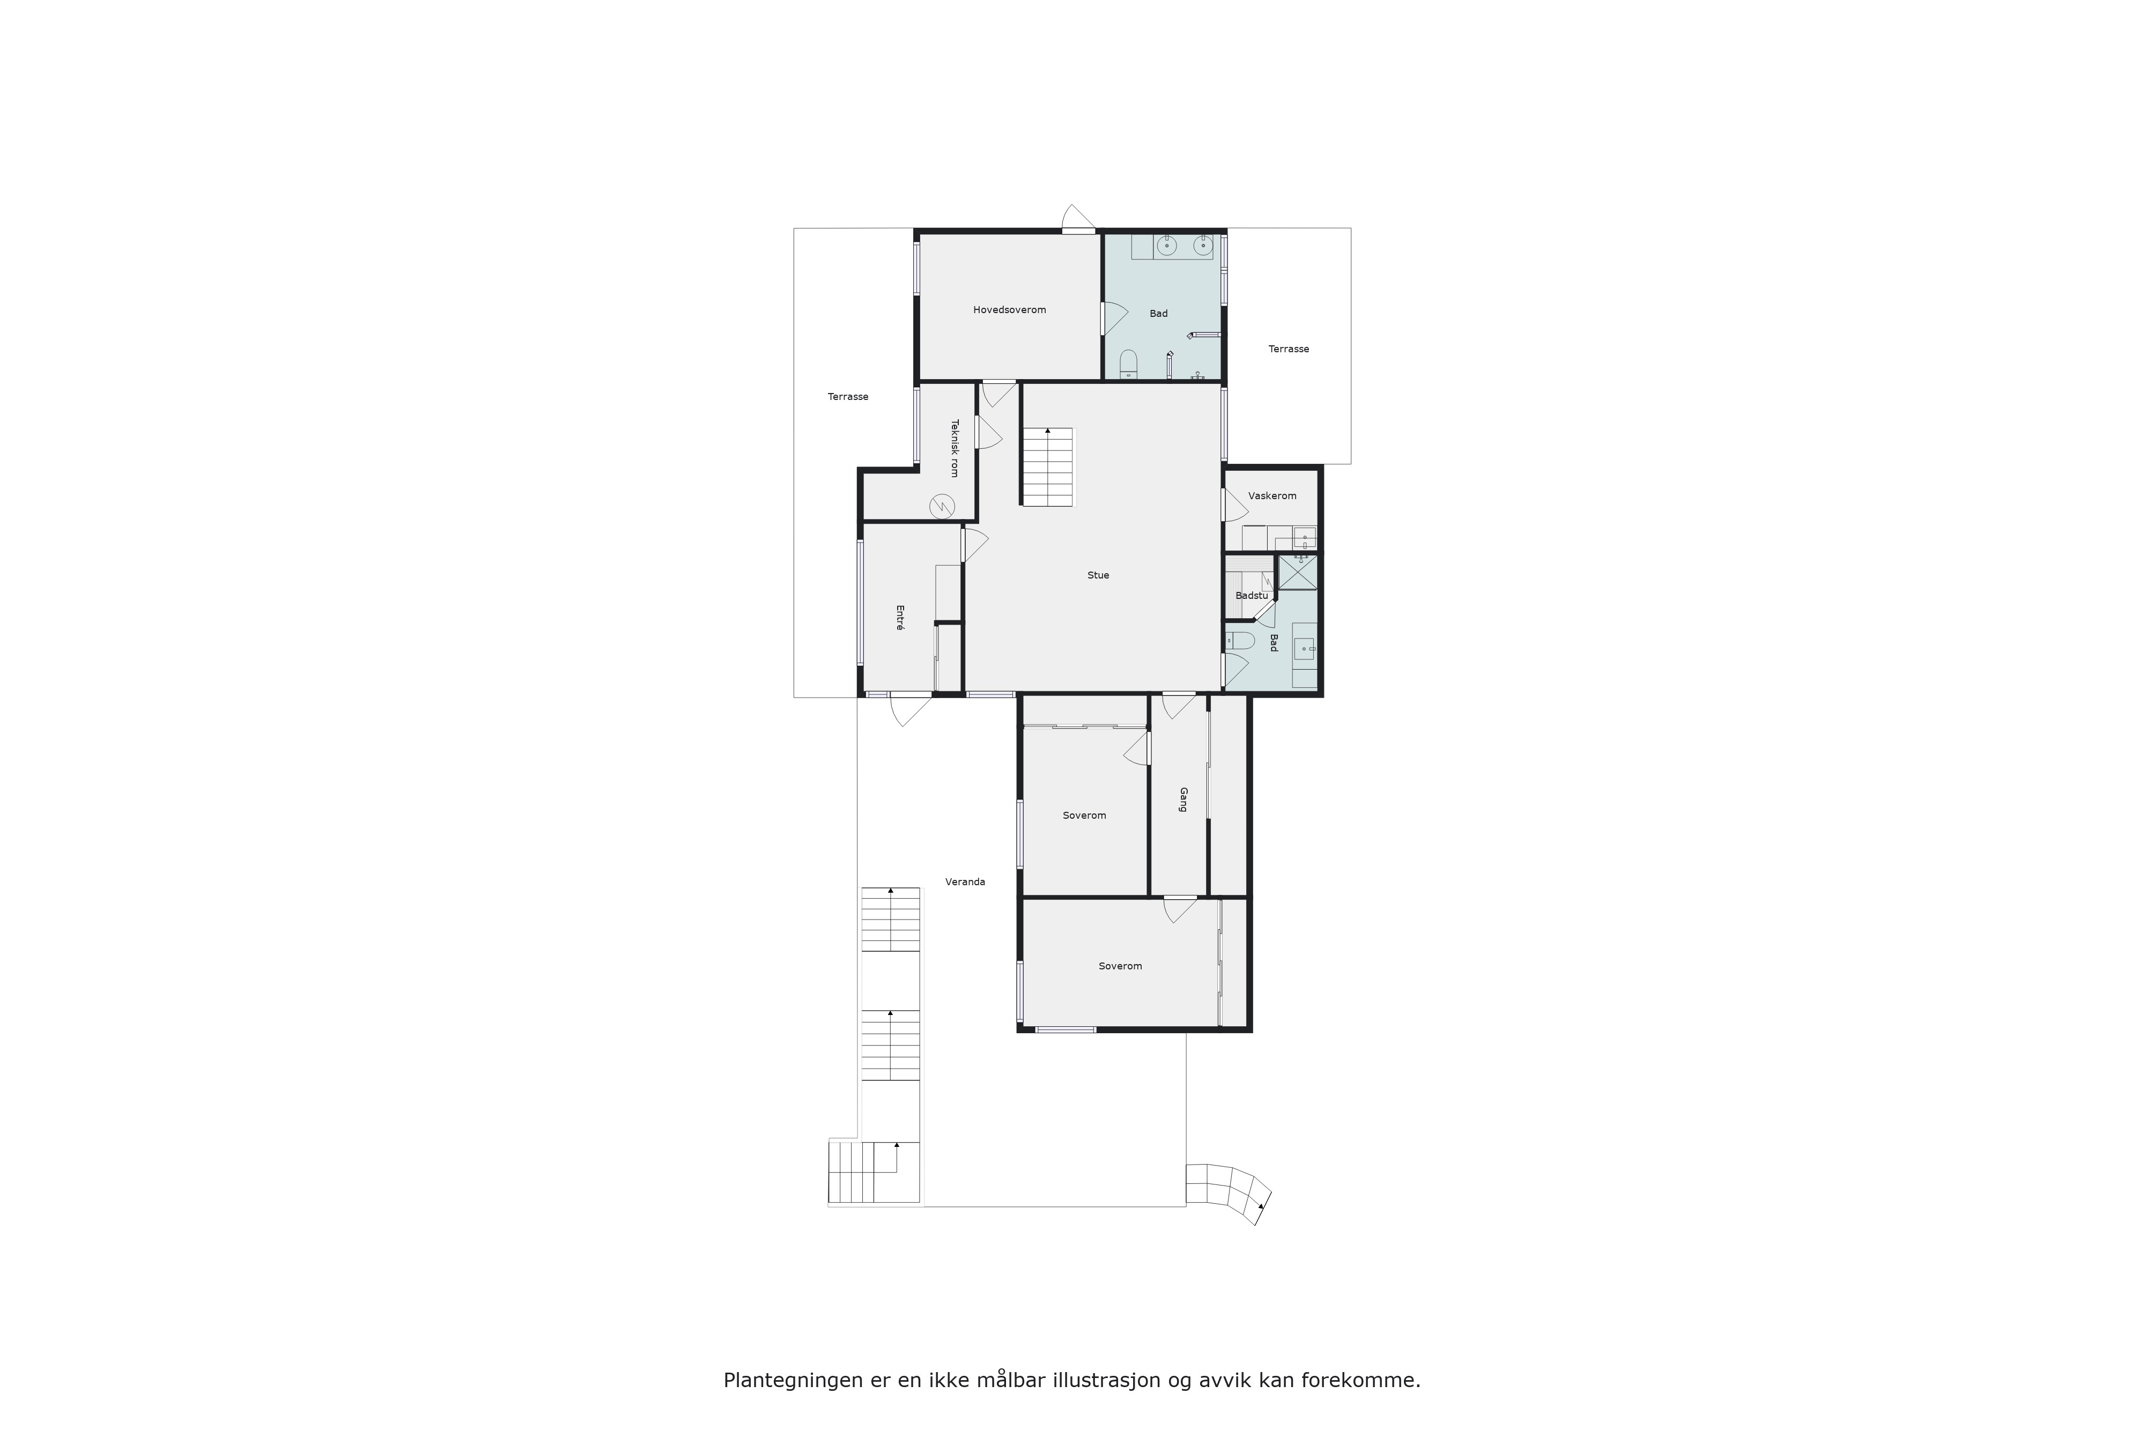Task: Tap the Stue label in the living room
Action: (1098, 575)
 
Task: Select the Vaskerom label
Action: (1272, 496)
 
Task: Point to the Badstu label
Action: (1251, 596)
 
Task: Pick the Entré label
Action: (900, 618)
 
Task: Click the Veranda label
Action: (965, 882)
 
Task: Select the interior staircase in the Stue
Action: (1048, 467)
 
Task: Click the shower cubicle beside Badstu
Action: (1297, 572)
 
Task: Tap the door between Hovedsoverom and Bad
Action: (1114, 317)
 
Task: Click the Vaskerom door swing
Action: (1235, 505)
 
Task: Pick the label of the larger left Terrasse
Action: (848, 397)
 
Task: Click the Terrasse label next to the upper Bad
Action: (1289, 349)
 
